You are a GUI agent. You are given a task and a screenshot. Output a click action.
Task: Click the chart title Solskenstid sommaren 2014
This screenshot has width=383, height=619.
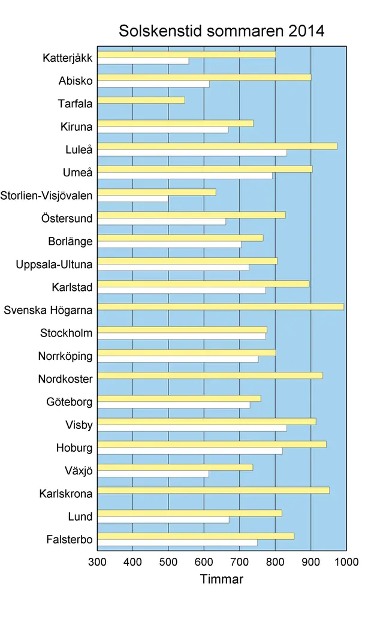[221, 31]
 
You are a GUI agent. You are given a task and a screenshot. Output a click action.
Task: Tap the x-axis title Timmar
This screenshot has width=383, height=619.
[221, 579]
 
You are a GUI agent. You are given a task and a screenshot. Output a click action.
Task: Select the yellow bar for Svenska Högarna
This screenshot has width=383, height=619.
[220, 307]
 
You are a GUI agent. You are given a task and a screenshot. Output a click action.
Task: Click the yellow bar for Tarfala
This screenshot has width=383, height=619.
[141, 100]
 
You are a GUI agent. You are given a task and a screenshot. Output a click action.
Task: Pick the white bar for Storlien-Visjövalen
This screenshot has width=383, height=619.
[132, 199]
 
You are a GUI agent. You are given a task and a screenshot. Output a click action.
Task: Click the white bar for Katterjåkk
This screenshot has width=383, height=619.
[143, 61]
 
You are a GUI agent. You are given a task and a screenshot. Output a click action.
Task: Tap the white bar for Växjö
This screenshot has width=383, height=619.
[153, 474]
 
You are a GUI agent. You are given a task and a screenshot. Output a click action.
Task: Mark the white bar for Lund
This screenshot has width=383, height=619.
[162, 519]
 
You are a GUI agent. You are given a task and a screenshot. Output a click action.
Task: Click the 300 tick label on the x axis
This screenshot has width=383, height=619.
[97, 562]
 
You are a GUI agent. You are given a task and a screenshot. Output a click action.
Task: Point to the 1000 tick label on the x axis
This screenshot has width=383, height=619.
[346, 562]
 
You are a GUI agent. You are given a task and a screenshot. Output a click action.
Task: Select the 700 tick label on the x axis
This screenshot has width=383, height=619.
[240, 562]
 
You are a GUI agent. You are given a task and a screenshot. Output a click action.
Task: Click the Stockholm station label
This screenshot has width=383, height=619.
[66, 333]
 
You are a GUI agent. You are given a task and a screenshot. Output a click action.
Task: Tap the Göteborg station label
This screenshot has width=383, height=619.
[69, 402]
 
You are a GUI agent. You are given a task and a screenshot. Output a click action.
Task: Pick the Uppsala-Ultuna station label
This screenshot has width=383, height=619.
[54, 265]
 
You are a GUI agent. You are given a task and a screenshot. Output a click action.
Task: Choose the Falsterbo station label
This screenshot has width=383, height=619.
[69, 540]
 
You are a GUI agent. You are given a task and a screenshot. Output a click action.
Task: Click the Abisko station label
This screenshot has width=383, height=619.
[75, 81]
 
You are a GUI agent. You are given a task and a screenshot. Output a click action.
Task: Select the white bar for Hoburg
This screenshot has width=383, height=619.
[189, 450]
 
